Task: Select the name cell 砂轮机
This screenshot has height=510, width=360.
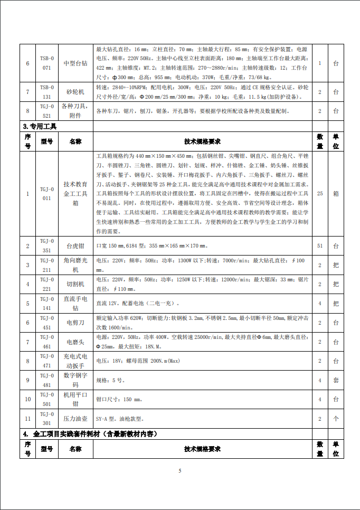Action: point(75,92)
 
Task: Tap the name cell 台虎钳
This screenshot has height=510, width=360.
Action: point(75,245)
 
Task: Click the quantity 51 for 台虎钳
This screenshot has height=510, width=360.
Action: point(319,245)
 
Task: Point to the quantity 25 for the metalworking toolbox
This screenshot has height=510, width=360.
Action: point(319,193)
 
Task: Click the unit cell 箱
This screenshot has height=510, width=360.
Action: point(336,193)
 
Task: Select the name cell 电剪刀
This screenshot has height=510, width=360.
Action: point(75,322)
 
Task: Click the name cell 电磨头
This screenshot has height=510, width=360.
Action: point(75,342)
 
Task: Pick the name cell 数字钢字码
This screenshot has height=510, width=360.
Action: point(75,380)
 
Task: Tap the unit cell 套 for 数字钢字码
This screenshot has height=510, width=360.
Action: point(336,380)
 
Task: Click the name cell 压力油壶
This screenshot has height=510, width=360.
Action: point(75,419)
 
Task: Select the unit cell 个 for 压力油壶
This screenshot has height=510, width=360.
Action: point(336,419)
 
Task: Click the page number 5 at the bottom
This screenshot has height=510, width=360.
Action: point(180,470)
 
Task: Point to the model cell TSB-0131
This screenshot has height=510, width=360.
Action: point(46,92)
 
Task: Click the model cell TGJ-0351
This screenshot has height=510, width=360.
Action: point(46,245)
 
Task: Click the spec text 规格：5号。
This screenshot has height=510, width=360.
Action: point(112,380)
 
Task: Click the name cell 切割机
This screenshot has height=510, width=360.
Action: point(75,284)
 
